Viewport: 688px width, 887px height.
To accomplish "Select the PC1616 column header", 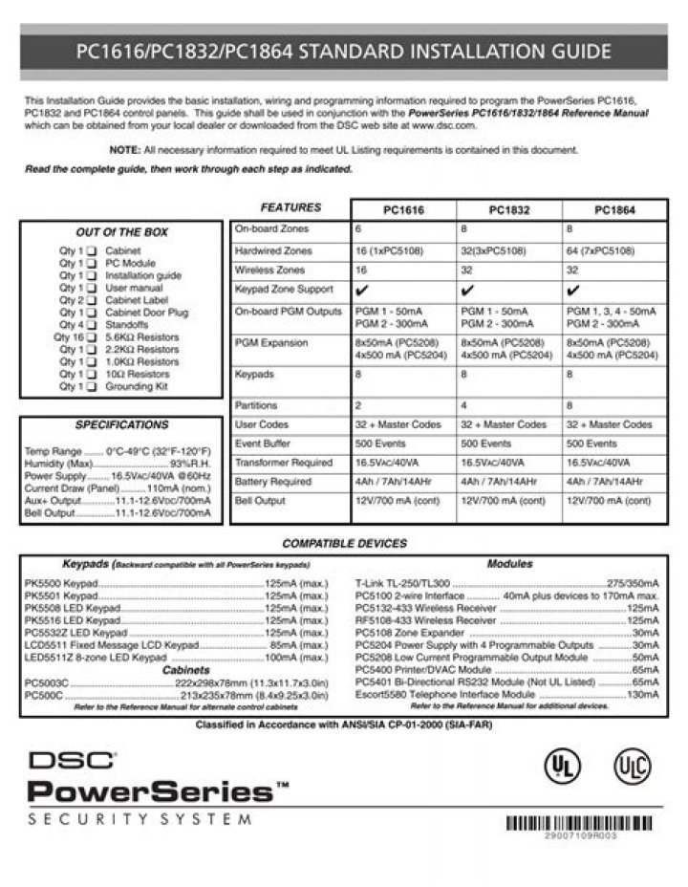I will pos(404,210).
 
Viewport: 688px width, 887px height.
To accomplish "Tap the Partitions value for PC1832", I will pos(464,405).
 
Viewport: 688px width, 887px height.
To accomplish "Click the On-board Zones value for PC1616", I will pos(359,230).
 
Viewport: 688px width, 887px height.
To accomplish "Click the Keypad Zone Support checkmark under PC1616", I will pos(361,289).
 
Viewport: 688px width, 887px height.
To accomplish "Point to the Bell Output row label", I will pos(260,500).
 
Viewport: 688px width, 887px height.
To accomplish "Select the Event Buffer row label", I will pos(263,443).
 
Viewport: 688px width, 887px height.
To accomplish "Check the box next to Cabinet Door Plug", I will pos(92,313).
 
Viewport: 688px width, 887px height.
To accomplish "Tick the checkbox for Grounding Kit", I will pos(92,387).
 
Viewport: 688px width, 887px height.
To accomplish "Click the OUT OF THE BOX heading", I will pos(121,232).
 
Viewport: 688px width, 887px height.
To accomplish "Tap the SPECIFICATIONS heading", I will pos(121,424).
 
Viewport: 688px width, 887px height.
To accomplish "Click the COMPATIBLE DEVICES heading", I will pos(343,543).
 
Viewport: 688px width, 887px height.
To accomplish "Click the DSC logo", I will pos(73,761).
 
